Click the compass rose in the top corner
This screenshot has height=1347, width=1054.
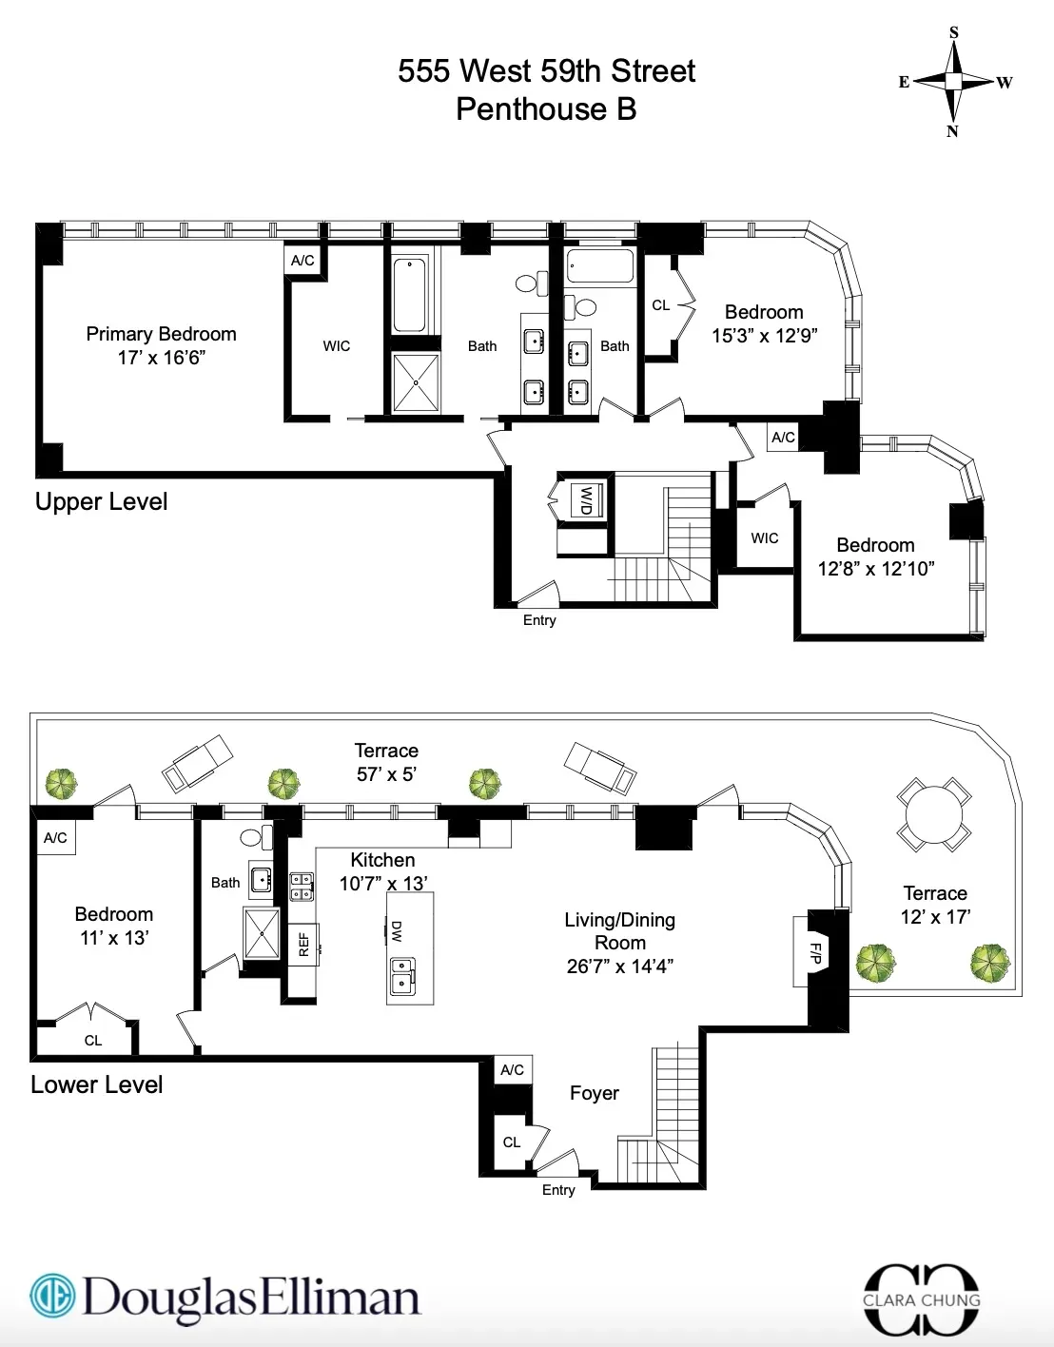point(953,82)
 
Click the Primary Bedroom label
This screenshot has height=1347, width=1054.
point(161,334)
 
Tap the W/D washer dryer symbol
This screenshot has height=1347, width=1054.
point(585,499)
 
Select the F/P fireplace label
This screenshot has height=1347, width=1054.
point(815,951)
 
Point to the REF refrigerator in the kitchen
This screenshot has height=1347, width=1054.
point(303,944)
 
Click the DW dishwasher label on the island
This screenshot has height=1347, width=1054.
point(397,930)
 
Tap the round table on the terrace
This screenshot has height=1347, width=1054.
point(934,815)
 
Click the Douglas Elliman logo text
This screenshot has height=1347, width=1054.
point(251,1298)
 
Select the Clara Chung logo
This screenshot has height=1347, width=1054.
point(921,1299)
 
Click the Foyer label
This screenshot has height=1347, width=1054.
point(594,1093)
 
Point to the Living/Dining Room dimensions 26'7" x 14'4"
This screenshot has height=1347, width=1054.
point(619,966)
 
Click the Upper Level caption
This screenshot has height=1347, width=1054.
point(101,501)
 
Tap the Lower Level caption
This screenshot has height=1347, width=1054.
point(96,1084)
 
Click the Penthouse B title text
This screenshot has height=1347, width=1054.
point(546,109)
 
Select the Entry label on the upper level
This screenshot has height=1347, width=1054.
point(539,620)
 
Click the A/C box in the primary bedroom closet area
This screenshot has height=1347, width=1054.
point(303,261)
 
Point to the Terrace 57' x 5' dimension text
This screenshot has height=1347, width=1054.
point(386,774)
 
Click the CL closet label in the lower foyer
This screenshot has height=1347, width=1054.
point(512,1142)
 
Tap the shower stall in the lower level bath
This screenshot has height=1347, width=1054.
point(262,934)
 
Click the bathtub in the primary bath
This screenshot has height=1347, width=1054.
point(410,295)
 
